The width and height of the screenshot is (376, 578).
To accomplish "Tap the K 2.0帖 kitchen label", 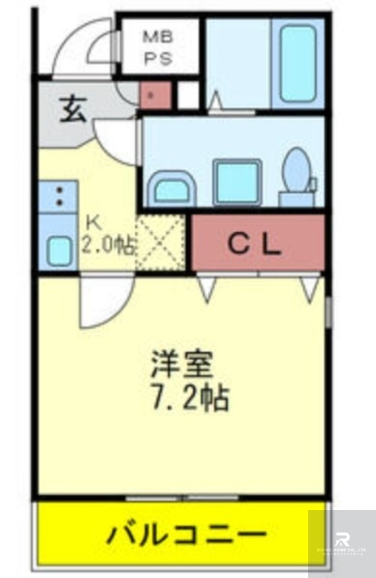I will pyautogui.click(x=107, y=234).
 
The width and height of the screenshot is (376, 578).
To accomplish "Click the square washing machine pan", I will pyautogui.click(x=237, y=182).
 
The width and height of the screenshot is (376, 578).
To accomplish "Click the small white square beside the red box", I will pyautogui.click(x=188, y=95).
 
